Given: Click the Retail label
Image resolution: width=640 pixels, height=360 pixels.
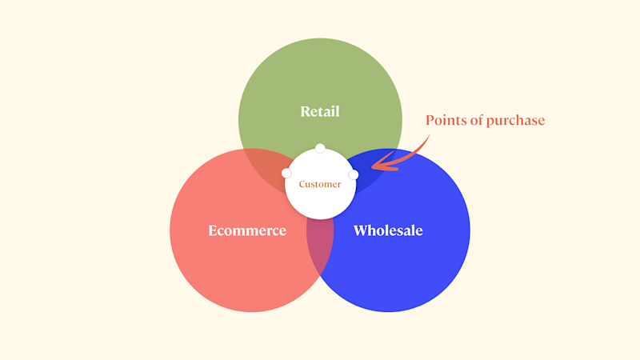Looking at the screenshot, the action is click(x=320, y=111).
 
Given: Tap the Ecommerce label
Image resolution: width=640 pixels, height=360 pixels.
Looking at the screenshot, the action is click(x=247, y=230).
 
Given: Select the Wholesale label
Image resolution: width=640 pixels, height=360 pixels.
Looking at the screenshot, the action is click(x=388, y=230).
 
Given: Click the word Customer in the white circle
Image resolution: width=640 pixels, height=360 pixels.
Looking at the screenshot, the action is click(x=320, y=184).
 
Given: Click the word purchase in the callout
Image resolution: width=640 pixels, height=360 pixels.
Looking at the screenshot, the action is click(x=518, y=121).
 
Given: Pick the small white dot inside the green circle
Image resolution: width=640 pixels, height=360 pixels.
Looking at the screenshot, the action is click(x=320, y=148).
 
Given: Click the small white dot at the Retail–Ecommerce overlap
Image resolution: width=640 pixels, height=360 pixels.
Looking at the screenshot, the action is click(x=286, y=174).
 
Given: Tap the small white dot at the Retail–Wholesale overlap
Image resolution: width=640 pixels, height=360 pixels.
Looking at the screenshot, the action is click(x=354, y=174).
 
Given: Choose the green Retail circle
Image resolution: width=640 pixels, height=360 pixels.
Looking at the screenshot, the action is click(x=320, y=80).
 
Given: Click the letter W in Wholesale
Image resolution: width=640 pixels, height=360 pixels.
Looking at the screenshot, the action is click(x=361, y=230).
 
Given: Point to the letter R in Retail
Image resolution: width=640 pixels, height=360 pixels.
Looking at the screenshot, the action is click(x=305, y=111).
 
